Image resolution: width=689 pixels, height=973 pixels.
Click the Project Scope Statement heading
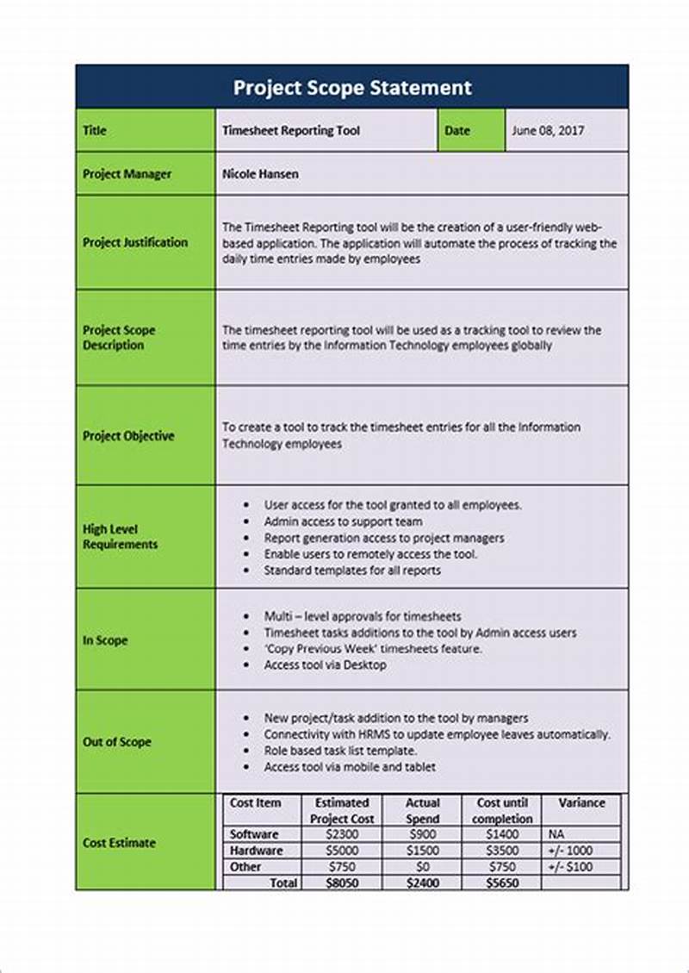[352, 88]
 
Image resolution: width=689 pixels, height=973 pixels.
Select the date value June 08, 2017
[548, 131]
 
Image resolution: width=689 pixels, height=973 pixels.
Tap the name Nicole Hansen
[261, 174]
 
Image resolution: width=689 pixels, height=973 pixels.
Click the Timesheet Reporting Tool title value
[291, 131]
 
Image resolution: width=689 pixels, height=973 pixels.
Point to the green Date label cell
[457, 131]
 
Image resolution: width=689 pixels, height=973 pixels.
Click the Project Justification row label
[135, 243]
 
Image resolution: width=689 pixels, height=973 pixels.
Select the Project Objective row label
[128, 436]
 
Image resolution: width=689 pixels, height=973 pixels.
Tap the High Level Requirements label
[121, 537]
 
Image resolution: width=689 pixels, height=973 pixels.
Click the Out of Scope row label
[117, 741]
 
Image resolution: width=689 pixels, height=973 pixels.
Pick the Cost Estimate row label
[119, 843]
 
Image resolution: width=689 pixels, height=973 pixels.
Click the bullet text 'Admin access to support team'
[343, 521]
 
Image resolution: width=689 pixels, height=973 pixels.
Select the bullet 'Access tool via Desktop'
[325, 665]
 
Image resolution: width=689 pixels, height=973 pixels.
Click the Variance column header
[581, 803]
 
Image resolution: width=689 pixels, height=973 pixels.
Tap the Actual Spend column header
[422, 810]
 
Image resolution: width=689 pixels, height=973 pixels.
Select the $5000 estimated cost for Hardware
[342, 851]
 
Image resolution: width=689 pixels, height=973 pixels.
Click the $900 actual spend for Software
[422, 834]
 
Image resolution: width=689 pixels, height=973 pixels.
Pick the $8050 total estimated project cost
[342, 883]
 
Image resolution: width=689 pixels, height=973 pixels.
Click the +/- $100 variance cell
[569, 867]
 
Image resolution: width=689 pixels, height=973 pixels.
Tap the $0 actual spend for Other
[422, 867]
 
